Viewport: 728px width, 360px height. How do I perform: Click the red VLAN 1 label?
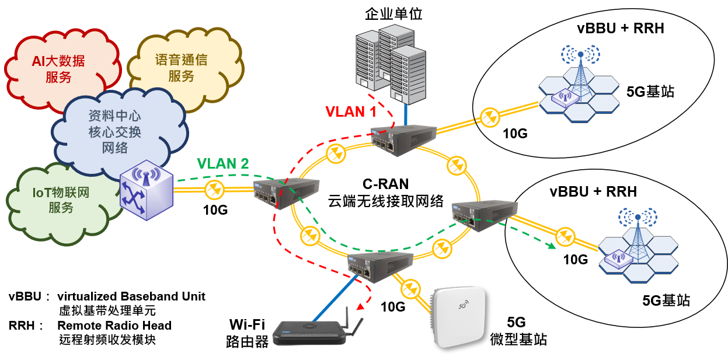pyautogui.click(x=350, y=111)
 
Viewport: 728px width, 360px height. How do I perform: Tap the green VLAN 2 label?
pyautogui.click(x=222, y=163)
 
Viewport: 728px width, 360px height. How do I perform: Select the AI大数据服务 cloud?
pyautogui.click(x=58, y=68)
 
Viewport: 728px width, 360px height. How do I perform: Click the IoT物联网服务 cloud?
pyautogui.click(x=61, y=200)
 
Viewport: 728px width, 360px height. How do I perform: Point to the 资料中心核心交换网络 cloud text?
pyautogui.click(x=114, y=132)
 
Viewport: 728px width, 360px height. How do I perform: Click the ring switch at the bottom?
pyautogui.click(x=379, y=266)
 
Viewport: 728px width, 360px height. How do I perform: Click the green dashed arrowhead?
pyautogui.click(x=551, y=246)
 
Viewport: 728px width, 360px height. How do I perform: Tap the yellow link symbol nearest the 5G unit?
pyautogui.click(x=411, y=288)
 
